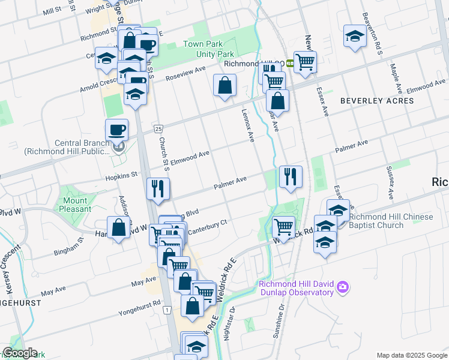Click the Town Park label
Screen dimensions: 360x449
click(x=203, y=44)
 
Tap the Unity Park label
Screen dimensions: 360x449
click(x=203, y=53)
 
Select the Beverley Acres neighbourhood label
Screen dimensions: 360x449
click(x=377, y=101)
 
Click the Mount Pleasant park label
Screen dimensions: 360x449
click(x=76, y=205)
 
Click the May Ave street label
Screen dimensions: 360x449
click(x=143, y=280)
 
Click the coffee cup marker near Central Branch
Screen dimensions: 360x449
click(x=116, y=129)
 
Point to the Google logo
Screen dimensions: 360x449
click(x=20, y=353)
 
